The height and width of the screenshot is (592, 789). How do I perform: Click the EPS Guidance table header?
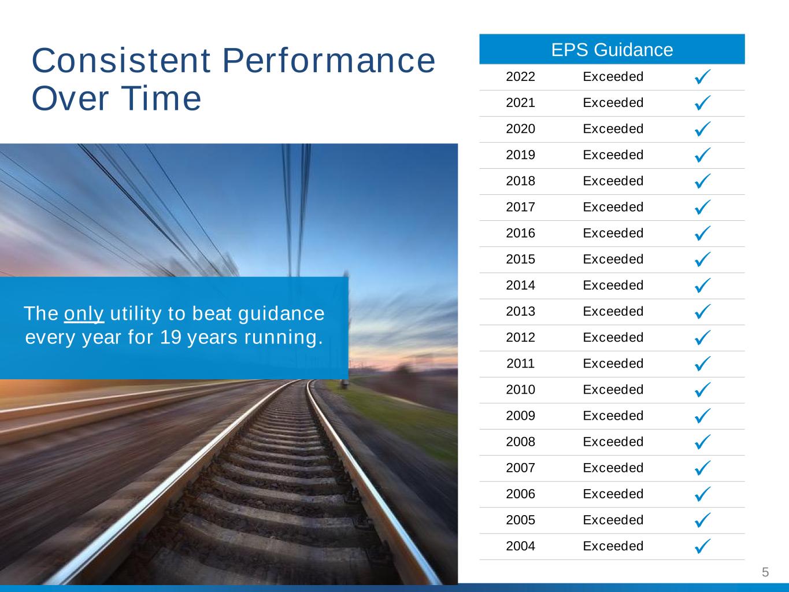(612, 50)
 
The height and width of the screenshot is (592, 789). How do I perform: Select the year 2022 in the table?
(520, 76)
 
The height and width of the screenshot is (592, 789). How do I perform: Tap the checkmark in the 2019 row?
(702, 155)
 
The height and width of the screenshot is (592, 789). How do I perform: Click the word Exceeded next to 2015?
(613, 259)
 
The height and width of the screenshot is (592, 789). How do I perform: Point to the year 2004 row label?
(520, 546)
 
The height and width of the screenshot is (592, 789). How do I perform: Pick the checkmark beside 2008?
(702, 442)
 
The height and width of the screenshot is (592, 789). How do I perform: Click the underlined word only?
(84, 314)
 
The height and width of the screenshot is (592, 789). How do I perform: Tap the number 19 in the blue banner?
(171, 337)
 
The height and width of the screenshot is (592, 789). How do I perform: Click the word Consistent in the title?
(121, 60)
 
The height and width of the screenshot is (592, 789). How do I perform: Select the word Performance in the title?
(329, 60)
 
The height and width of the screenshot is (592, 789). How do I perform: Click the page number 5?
(765, 572)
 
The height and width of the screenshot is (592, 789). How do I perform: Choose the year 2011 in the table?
(520, 364)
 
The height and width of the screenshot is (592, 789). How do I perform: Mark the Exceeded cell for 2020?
(613, 129)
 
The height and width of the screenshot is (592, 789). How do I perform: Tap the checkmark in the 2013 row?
(702, 311)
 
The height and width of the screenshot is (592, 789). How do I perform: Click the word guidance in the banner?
(281, 313)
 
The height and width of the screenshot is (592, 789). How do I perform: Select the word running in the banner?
(283, 338)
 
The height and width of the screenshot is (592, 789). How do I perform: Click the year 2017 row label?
(520, 207)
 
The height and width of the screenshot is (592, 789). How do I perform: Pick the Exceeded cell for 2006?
(613, 494)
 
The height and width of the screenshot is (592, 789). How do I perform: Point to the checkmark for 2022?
(702, 76)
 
